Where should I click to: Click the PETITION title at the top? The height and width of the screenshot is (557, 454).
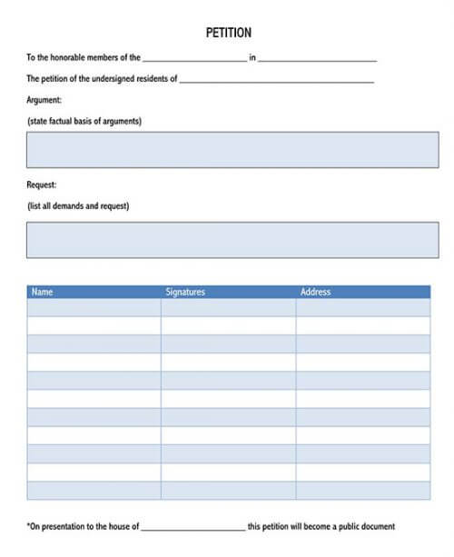click(229, 34)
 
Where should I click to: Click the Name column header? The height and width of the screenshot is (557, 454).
click(43, 293)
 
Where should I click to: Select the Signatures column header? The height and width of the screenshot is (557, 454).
click(185, 293)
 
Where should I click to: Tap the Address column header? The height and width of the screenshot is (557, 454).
click(315, 293)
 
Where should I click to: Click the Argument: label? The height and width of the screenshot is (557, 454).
click(44, 100)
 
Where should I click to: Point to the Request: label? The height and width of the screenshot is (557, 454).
click(42, 185)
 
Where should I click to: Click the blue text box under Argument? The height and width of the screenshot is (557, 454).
click(232, 150)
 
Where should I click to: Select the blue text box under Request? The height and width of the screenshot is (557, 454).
click(232, 240)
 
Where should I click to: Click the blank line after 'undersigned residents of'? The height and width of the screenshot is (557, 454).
click(277, 81)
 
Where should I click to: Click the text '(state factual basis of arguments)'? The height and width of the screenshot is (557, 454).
click(84, 121)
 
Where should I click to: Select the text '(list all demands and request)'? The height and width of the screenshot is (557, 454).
click(78, 206)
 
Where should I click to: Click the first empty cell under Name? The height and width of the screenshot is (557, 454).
click(94, 307)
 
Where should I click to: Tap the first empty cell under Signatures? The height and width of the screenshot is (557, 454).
click(228, 307)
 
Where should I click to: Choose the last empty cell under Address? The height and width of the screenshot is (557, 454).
click(363, 491)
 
